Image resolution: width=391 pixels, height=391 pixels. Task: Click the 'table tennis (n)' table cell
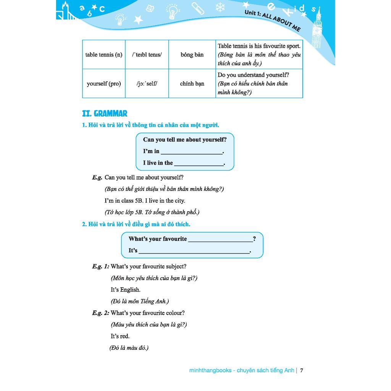point(103,55)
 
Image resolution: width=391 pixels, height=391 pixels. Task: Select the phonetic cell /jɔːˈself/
point(147,84)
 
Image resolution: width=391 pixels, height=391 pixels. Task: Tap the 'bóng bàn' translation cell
point(192,55)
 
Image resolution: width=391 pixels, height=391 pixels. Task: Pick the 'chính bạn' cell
point(192,84)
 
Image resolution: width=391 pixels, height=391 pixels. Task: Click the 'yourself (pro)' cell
point(103,84)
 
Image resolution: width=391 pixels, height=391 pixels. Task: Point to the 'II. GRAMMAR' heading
point(105,113)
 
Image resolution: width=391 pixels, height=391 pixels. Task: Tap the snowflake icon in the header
point(220,7)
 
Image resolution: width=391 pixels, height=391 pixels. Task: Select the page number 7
point(302,370)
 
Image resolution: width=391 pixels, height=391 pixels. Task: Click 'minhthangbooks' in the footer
point(210,370)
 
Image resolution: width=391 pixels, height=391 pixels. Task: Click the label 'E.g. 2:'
point(100,313)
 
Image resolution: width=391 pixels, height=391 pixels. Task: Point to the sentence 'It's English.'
point(126,290)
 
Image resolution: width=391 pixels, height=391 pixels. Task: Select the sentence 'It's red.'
point(120,336)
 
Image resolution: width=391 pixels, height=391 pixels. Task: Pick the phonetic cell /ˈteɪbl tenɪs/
point(147,55)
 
